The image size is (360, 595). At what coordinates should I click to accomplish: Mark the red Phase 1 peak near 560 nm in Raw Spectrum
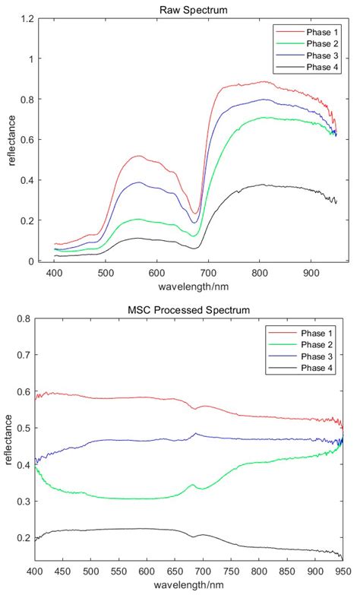pos(137,157)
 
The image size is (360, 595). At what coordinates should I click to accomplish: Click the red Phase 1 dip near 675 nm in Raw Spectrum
pos(195,214)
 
